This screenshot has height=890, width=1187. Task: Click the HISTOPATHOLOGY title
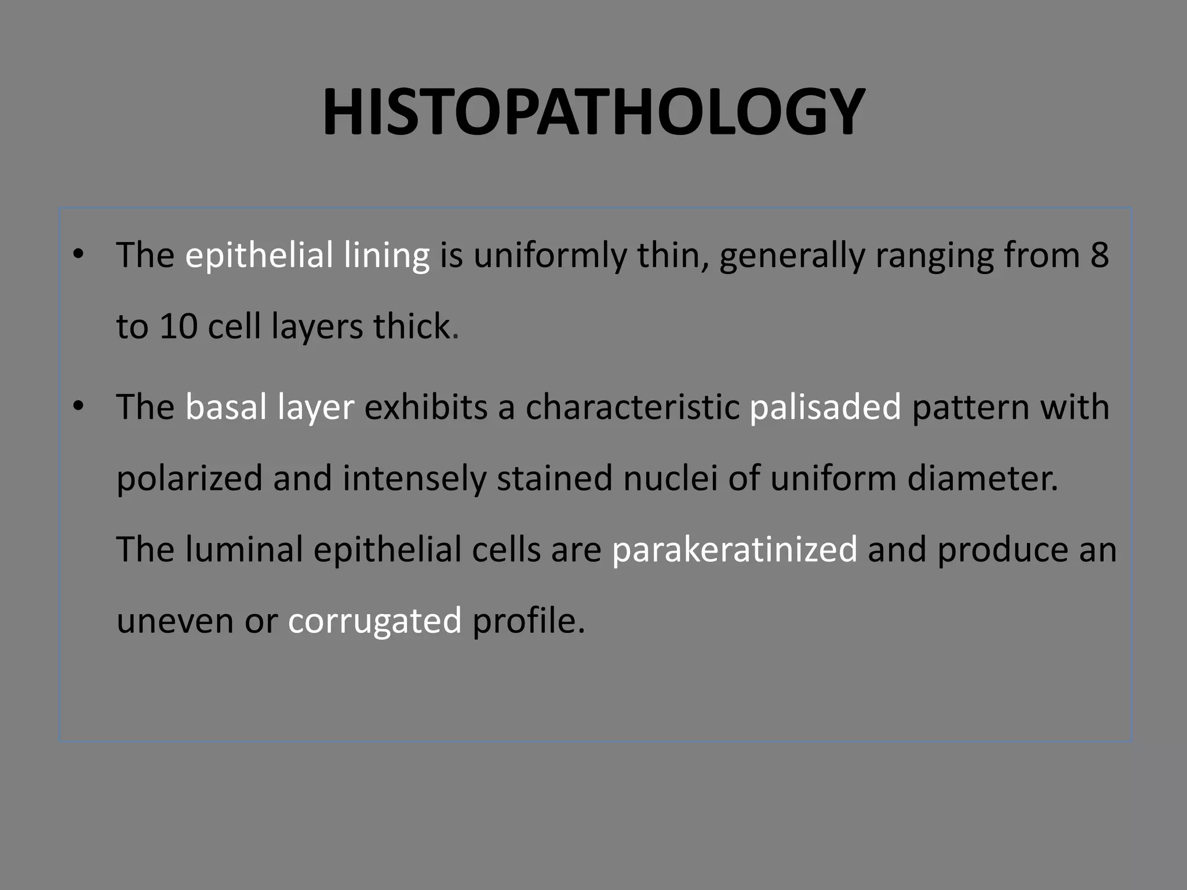click(x=593, y=112)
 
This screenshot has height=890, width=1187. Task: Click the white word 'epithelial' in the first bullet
click(x=259, y=255)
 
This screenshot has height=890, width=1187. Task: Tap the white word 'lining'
click(x=386, y=256)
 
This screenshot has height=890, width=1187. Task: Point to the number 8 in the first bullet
click(x=1099, y=255)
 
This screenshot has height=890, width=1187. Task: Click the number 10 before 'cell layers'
click(x=179, y=326)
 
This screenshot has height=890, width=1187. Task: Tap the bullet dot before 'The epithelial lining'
click(x=79, y=254)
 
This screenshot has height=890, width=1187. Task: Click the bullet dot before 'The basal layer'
click(x=79, y=406)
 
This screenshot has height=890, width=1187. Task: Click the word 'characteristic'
click(x=632, y=407)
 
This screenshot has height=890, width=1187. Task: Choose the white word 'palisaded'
click(x=825, y=407)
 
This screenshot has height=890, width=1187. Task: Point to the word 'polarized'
click(x=189, y=479)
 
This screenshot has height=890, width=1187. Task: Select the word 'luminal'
click(x=244, y=549)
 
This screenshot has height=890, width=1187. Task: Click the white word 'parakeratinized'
click(x=734, y=550)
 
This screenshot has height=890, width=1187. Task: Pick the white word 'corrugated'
click(x=374, y=621)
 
